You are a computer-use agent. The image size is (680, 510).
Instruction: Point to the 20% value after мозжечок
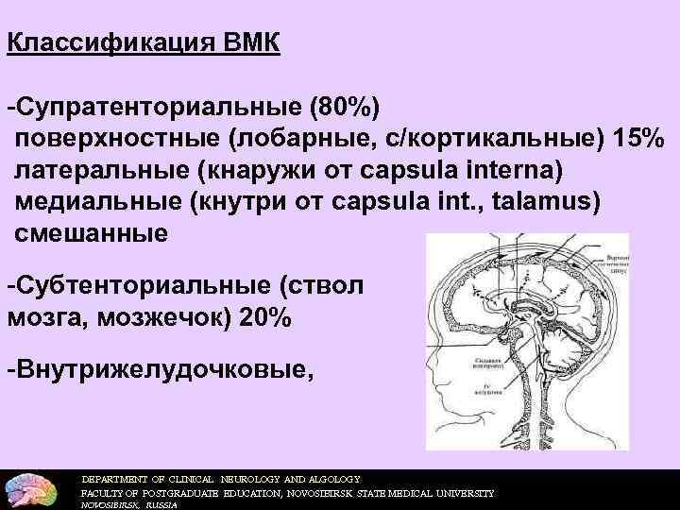[x=265, y=317]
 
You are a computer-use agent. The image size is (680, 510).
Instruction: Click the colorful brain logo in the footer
[x=32, y=488]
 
